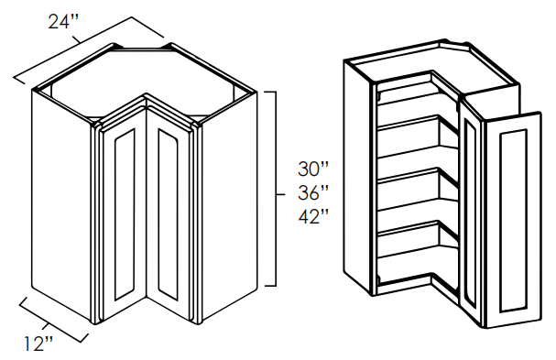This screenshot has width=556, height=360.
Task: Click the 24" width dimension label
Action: point(63,22)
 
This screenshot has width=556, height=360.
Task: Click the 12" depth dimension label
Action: point(38,344)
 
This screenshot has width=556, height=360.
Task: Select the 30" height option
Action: point(313,169)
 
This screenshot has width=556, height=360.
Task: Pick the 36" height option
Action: point(313,192)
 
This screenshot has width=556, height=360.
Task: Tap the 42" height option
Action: point(313,216)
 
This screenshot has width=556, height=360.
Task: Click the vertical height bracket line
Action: point(276,189)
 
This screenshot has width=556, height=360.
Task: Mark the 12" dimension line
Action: point(53,319)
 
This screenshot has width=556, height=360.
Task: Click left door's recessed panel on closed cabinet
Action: point(125,213)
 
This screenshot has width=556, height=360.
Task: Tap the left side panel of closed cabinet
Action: point(61,202)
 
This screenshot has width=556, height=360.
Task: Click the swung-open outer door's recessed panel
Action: point(512,221)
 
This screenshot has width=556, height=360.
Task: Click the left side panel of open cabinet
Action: point(357,178)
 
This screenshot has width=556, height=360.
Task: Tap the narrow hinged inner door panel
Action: point(470,213)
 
